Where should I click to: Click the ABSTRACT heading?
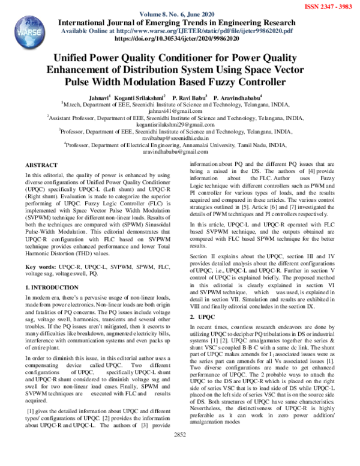[x=41, y=165]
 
